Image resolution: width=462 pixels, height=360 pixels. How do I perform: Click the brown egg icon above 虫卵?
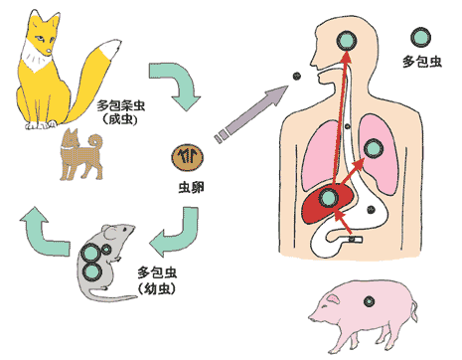coord(189,156)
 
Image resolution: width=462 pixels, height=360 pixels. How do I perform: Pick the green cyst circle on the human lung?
coord(374,149)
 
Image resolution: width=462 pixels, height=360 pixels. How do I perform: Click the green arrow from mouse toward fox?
coord(46,225)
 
